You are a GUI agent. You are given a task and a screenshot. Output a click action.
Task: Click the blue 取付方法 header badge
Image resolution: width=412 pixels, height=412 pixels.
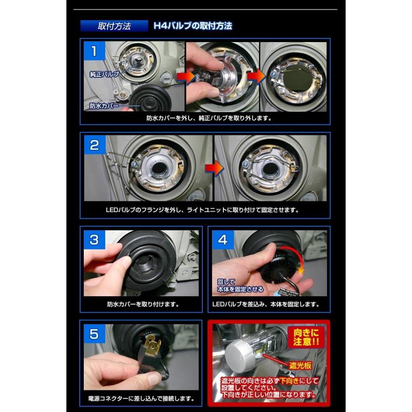point(114,26)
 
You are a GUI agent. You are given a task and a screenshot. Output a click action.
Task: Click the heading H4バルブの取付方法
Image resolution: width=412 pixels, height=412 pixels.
point(193,26)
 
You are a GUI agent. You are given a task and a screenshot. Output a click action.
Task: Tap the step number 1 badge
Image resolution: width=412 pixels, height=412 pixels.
point(94,51)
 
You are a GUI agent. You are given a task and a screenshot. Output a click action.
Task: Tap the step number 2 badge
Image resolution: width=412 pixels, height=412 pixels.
point(94,146)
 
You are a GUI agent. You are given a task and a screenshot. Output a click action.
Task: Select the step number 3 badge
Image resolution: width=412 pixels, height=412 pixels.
point(94,240)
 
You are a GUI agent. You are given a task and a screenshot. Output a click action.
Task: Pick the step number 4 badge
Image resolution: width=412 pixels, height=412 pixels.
point(222,240)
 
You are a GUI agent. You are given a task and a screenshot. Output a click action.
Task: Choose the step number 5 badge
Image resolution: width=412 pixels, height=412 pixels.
point(94,334)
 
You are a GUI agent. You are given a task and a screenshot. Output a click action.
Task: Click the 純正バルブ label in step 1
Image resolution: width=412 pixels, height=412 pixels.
point(104,73)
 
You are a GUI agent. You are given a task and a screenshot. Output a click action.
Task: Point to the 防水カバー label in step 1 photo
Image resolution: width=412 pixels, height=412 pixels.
point(104,106)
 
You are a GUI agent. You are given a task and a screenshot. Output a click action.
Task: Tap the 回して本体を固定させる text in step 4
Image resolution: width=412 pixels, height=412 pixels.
point(240,286)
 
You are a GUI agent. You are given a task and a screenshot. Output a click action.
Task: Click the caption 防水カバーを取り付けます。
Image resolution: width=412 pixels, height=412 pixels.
point(143,304)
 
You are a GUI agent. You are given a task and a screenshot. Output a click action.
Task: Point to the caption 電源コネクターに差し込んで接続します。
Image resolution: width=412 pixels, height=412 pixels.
point(143,398)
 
